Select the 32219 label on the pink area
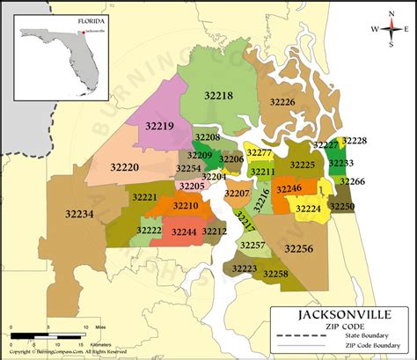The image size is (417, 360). click(x=159, y=126)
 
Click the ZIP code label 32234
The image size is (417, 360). click(x=79, y=213)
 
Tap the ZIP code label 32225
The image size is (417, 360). click(x=302, y=165)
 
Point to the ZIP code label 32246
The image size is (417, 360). click(x=289, y=188)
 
